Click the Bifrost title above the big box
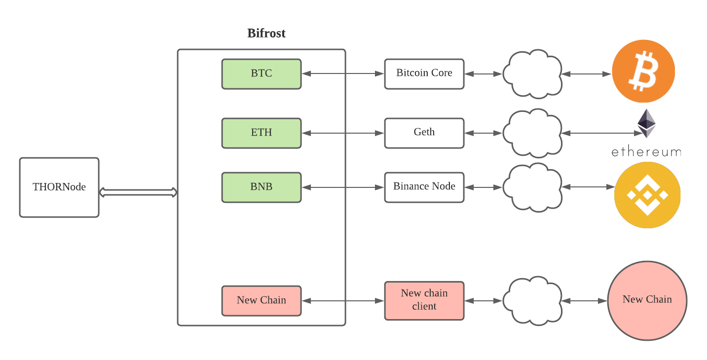point(266,34)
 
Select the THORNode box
point(59,187)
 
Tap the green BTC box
point(261,74)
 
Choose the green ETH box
point(261,133)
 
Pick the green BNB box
point(261,187)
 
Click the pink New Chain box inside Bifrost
point(261,300)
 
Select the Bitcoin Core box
point(424,74)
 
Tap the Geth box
point(424,133)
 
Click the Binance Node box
point(424,187)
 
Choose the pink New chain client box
point(424,300)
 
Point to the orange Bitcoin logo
point(643,71)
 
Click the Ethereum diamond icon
point(647,123)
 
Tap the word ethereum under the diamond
point(646,152)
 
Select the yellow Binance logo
point(647,195)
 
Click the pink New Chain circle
point(647,300)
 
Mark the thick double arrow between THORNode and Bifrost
point(138,192)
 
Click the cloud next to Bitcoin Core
point(532,74)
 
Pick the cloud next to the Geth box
point(532,133)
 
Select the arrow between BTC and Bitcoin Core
point(342,74)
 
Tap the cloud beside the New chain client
point(532,300)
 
